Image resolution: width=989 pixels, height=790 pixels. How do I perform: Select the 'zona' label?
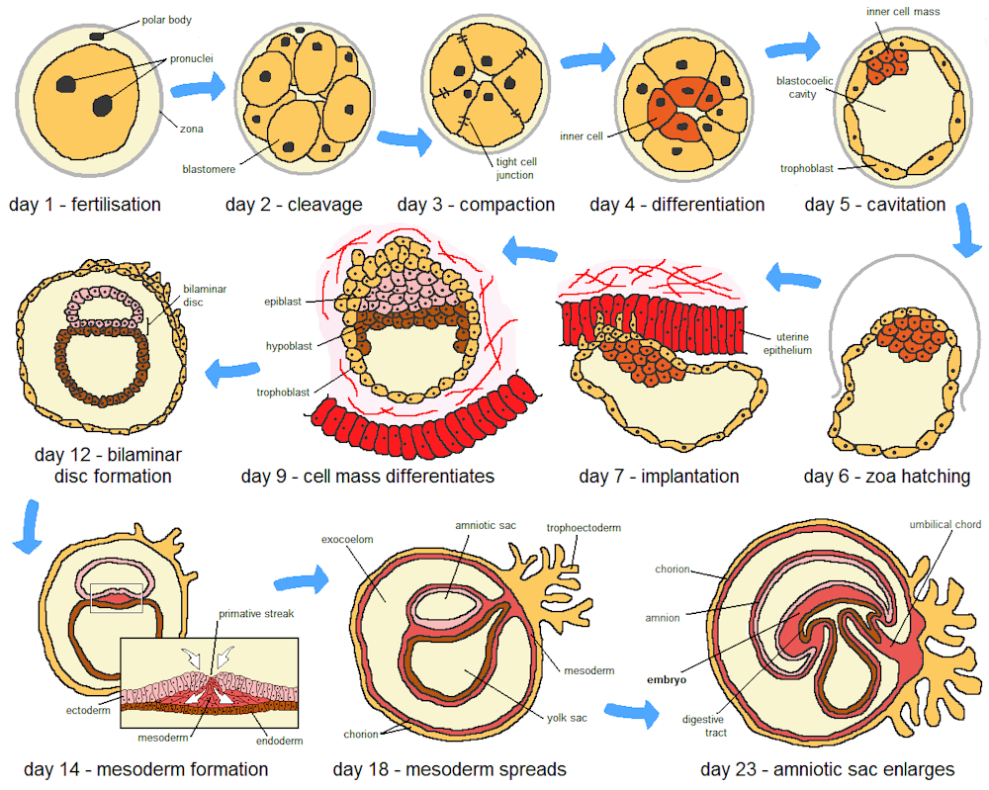point(193,127)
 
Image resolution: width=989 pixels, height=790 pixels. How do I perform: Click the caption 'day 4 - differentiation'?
point(676,205)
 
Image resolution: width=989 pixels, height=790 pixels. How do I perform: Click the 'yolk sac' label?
point(569,718)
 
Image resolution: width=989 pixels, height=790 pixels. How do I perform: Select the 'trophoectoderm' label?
point(584,528)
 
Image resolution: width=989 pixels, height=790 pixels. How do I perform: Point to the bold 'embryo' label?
point(665,679)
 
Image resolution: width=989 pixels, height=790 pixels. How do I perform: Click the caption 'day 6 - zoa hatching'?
point(886,477)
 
